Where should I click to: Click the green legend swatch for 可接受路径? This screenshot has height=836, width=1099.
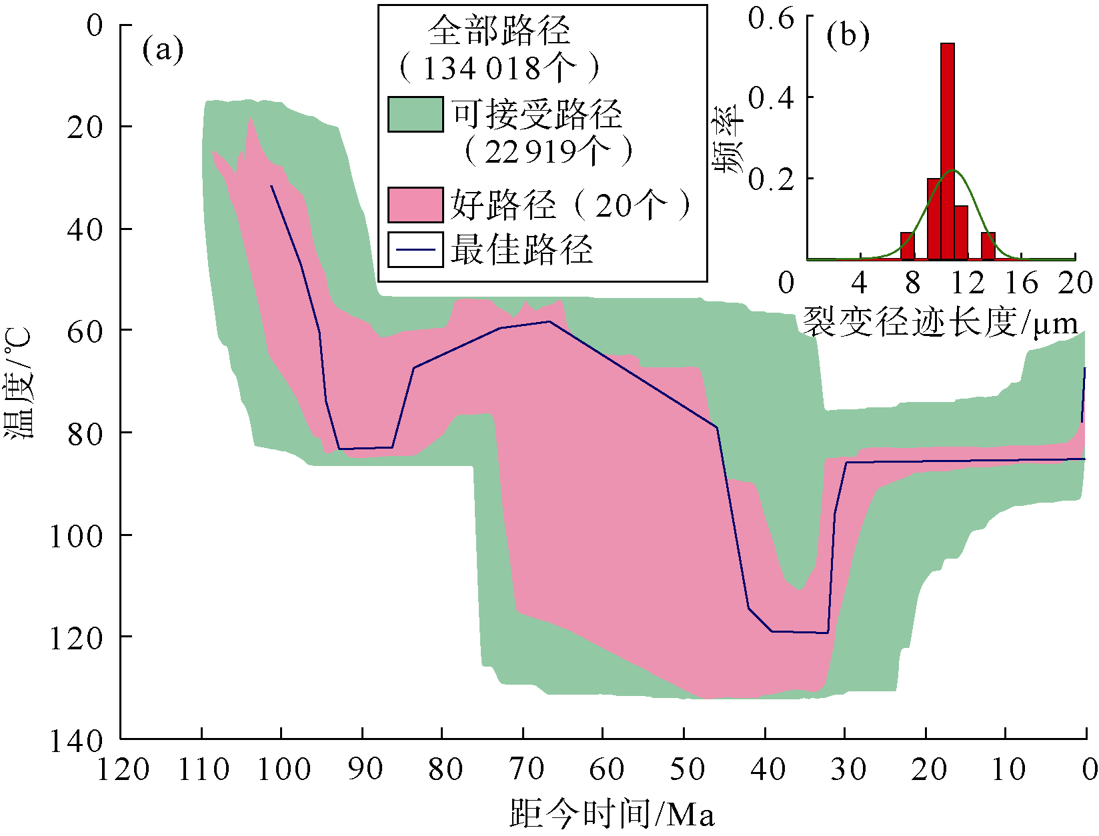[x=415, y=114]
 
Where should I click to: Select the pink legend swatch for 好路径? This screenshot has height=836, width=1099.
[x=415, y=204]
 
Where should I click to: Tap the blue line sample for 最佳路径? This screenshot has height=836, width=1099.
[x=415, y=250]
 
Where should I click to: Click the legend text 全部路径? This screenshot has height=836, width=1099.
[x=499, y=30]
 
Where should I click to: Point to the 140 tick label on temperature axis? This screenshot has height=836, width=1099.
[x=77, y=739]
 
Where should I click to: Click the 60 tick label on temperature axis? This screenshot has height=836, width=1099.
[x=86, y=331]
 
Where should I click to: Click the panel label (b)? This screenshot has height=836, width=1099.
[x=847, y=35]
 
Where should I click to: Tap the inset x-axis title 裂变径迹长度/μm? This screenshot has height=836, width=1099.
[x=940, y=323]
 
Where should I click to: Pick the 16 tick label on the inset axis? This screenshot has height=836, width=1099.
[x=1021, y=283]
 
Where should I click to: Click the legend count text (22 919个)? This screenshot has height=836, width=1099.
[x=547, y=152]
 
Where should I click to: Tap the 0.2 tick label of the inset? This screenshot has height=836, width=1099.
[x=771, y=179]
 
